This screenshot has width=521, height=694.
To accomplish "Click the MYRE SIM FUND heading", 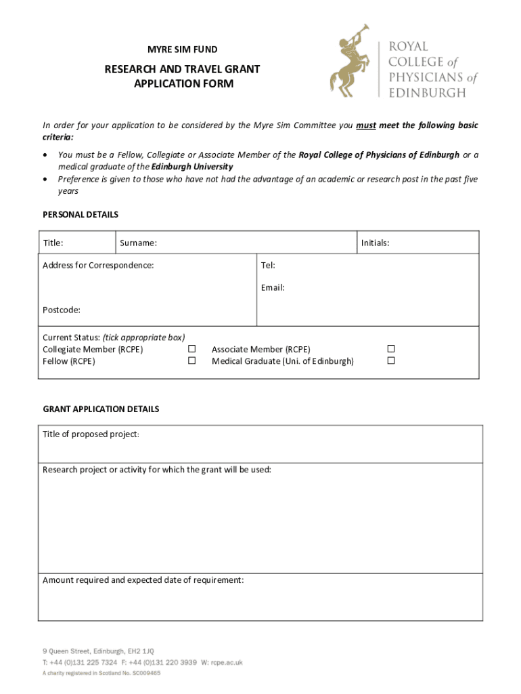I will click(183, 49).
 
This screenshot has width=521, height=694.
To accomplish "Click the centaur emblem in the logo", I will click(350, 61).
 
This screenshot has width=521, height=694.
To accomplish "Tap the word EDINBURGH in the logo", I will click(426, 92).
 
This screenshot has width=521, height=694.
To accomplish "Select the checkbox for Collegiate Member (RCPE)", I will click(191, 349).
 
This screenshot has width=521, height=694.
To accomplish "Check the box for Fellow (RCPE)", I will click(191, 361).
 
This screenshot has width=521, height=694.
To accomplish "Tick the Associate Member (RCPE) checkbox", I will click(390, 349).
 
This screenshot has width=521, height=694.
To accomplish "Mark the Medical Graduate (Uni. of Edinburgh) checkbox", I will click(390, 361).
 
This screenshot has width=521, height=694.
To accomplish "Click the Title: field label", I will click(53, 243).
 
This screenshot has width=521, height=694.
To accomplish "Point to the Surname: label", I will click(138, 243).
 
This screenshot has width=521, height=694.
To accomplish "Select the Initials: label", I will click(375, 243).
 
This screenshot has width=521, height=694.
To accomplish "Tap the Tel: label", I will click(268, 265).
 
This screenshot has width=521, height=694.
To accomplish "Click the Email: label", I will click(273, 287).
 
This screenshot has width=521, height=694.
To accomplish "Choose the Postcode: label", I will click(62, 310).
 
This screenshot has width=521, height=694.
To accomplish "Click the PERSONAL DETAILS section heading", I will click(81, 215).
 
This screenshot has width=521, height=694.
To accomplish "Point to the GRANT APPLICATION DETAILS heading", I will click(101, 409).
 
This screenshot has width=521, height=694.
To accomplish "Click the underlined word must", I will click(366, 125).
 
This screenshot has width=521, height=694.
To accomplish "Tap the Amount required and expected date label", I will click(143, 580).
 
